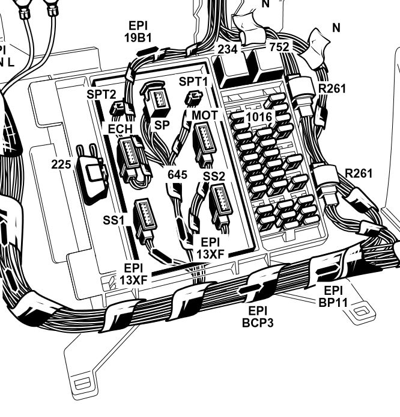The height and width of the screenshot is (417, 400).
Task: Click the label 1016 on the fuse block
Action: (x=259, y=117)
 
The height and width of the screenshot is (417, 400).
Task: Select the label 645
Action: (x=177, y=175)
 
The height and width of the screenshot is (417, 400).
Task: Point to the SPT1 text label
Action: (x=193, y=81)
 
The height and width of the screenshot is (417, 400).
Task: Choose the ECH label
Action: (x=120, y=128)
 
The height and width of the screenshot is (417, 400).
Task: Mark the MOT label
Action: (x=204, y=114)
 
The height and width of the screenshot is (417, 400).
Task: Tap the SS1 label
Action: (x=113, y=220)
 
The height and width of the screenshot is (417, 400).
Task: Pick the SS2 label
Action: (x=214, y=176)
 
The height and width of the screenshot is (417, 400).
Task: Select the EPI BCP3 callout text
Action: (x=258, y=317)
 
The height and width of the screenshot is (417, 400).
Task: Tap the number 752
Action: (x=279, y=47)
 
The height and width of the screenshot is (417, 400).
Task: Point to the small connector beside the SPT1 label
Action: (x=194, y=98)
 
